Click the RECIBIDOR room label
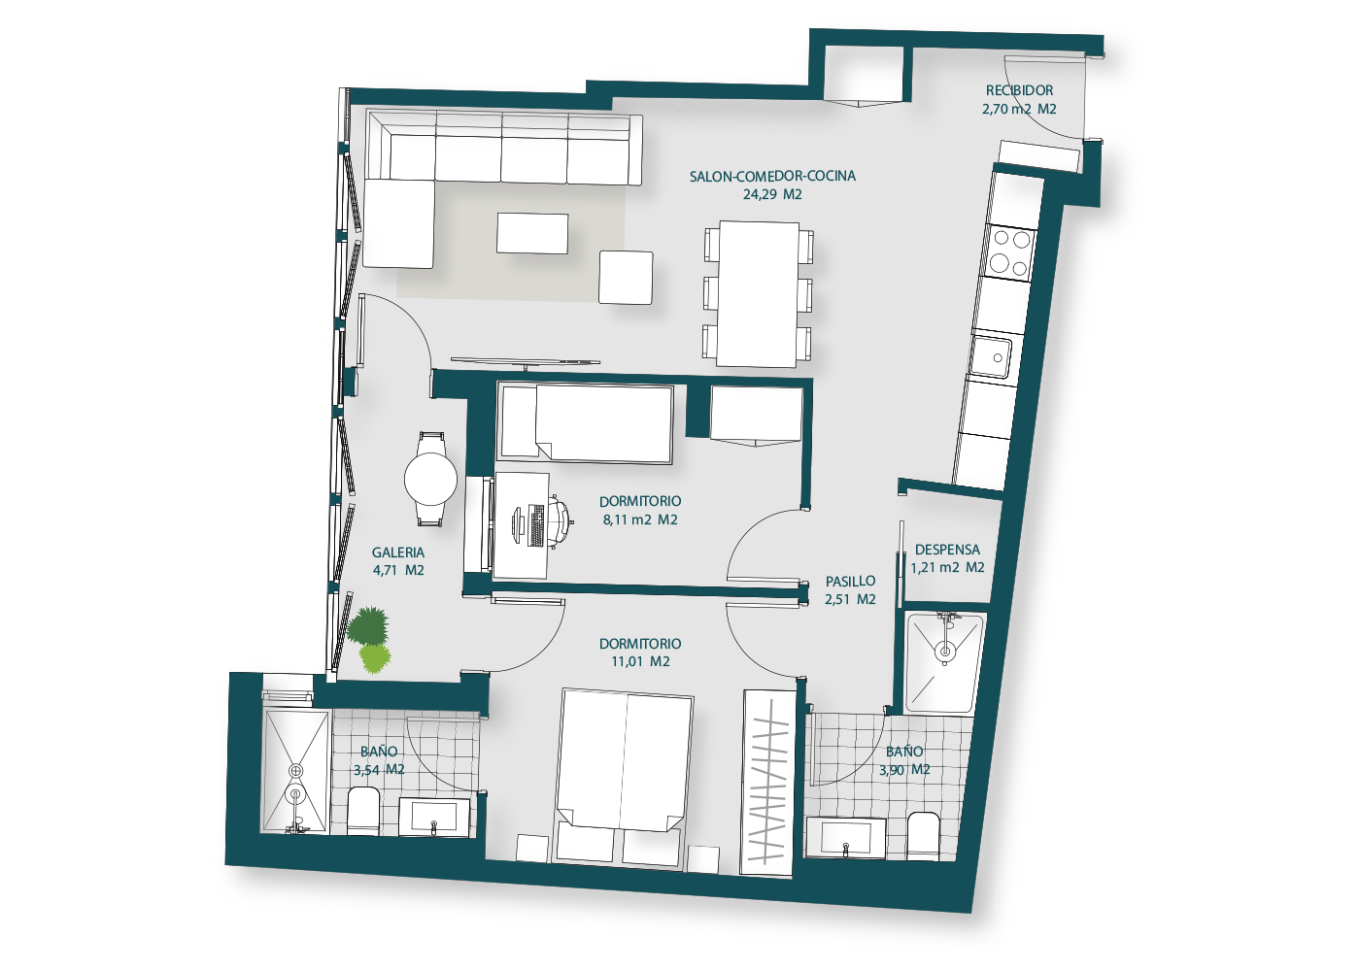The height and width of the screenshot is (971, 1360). (1019, 90)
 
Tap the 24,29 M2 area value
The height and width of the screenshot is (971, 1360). (772, 195)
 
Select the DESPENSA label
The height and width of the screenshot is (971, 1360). (947, 550)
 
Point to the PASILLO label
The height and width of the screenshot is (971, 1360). (850, 582)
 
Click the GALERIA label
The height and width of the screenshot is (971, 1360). (397, 552)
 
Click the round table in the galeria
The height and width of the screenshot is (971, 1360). (430, 479)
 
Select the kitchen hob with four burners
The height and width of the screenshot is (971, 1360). (1009, 251)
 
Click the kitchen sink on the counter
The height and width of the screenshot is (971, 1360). (990, 357)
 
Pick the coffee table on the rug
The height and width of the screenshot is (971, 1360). (532, 233)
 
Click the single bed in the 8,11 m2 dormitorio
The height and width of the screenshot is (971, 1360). (585, 423)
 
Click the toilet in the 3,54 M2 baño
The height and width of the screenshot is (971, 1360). (363, 811)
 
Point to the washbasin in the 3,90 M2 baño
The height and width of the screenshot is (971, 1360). (845, 837)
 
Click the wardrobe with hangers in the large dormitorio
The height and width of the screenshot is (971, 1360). (768, 783)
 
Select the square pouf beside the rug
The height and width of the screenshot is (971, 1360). (626, 278)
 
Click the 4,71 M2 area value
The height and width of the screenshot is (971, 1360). (398, 571)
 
